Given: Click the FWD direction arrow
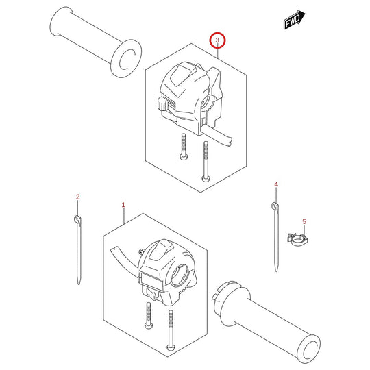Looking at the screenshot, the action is click(294, 20).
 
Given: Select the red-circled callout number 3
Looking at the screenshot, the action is click(217, 40).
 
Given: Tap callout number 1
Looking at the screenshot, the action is click(123, 205).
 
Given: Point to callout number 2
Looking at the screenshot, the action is click(78, 197).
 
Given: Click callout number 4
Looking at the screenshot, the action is click(276, 184).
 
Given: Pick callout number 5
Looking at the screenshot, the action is click(304, 221).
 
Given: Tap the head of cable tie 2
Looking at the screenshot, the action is click(77, 219).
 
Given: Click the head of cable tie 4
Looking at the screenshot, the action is click(275, 206).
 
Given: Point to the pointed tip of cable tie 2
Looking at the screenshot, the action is click(79, 284).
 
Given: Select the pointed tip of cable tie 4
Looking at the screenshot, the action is click(276, 271).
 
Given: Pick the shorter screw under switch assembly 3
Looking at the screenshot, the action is click(184, 147).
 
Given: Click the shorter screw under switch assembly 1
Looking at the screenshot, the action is click(149, 315).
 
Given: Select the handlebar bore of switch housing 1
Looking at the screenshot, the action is click(179, 276).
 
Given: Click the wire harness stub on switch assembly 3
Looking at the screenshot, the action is click(217, 135).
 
